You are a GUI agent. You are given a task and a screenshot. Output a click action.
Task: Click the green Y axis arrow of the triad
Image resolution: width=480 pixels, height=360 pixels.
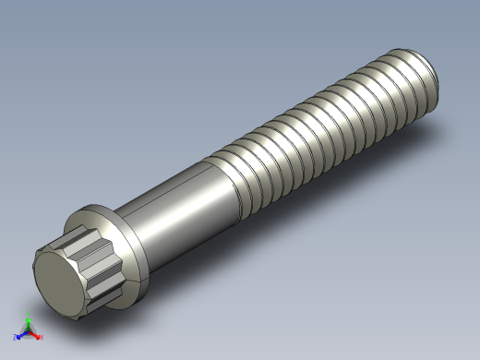coord(29,322)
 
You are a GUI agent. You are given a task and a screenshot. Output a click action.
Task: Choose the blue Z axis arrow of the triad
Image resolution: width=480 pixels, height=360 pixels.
coord(21,333)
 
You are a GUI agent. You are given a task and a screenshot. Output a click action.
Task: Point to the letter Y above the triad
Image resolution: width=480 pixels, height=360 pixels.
coord(29,317)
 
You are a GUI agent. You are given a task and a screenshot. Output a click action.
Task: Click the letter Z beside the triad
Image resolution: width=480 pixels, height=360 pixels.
coord(16,337)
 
